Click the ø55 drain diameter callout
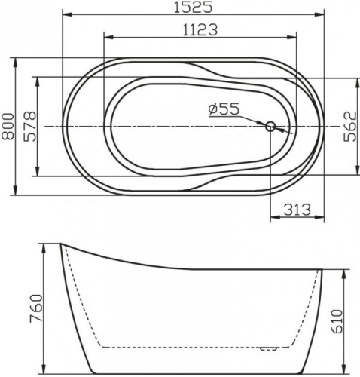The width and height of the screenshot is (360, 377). (x=224, y=110)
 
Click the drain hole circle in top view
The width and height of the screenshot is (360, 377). (x=270, y=127)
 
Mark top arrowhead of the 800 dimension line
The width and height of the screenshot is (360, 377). (x=16, y=59)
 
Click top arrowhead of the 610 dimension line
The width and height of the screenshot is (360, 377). (x=330, y=268)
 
